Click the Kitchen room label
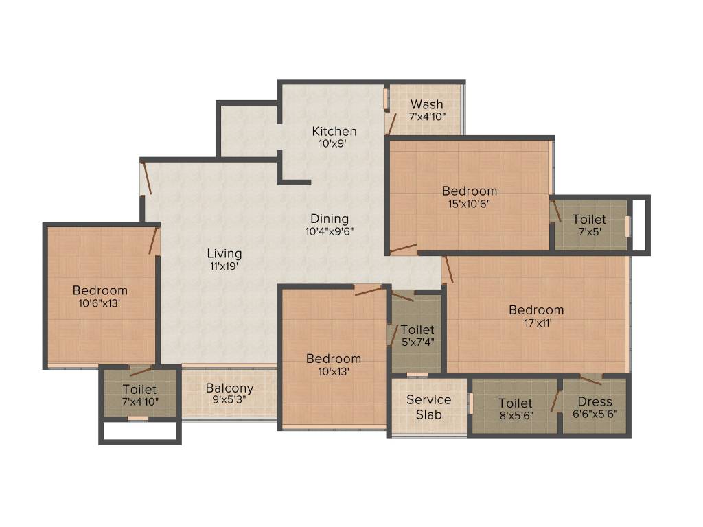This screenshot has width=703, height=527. [334, 131]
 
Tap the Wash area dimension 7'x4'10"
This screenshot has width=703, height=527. [427, 116]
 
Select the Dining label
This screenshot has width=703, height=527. [329, 220]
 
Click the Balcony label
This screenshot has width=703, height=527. [229, 388]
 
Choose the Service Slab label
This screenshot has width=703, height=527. [428, 407]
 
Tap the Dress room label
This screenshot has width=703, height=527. [595, 402]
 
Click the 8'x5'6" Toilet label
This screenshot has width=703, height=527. [516, 403]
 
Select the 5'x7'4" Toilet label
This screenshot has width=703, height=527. [417, 330]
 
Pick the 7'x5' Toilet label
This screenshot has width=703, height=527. [589, 220]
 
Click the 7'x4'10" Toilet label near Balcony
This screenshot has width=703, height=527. [139, 390]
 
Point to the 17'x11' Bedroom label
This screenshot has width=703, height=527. [536, 310]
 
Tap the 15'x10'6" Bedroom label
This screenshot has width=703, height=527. [470, 191]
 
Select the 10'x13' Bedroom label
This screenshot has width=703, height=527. [334, 359]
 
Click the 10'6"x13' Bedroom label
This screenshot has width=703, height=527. [100, 290]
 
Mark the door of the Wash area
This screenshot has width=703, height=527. [392, 124]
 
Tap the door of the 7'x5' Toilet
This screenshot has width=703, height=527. [557, 210]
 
